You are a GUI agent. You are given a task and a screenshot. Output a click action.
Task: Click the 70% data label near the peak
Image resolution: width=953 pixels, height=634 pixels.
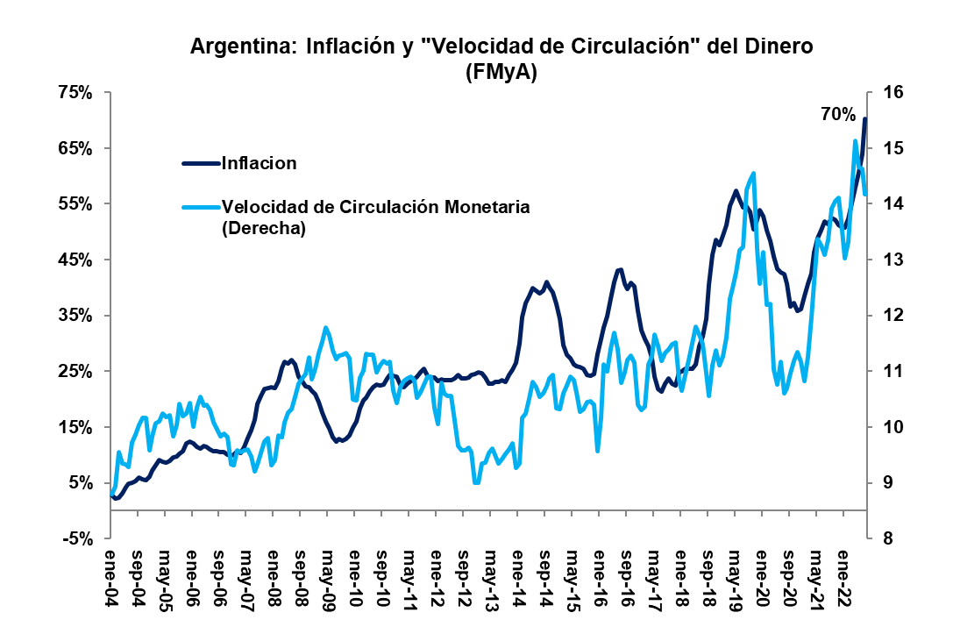[837, 115]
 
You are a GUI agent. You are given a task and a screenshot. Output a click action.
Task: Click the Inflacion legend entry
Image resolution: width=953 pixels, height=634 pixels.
[259, 163]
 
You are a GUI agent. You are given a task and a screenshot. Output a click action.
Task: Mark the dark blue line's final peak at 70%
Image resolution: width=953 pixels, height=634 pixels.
[865, 118]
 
